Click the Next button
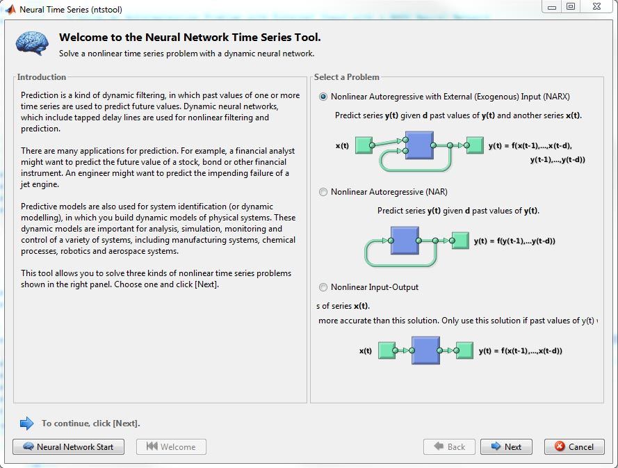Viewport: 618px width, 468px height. click(x=505, y=446)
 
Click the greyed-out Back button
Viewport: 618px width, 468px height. click(x=449, y=446)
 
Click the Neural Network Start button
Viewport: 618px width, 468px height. click(x=68, y=446)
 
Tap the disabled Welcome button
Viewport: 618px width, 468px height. click(x=171, y=446)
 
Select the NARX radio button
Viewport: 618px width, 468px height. click(x=323, y=97)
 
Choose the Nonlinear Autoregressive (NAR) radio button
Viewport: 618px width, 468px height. click(x=323, y=192)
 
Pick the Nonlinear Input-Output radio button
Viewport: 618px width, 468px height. click(x=323, y=287)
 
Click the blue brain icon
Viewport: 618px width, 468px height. click(x=32, y=43)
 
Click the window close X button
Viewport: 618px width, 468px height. click(x=596, y=7)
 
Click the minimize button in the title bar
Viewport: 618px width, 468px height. click(x=552, y=7)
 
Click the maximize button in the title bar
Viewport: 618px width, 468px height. click(x=571, y=7)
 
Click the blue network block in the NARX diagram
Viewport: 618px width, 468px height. click(x=419, y=145)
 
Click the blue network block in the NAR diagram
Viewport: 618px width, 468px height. click(x=405, y=241)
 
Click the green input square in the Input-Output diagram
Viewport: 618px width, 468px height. click(x=385, y=350)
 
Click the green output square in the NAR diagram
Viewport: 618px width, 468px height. click(x=460, y=241)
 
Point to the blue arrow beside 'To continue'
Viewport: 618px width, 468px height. click(x=26, y=423)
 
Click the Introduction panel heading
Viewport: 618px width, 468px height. click(x=42, y=77)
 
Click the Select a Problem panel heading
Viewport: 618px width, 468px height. click(x=347, y=77)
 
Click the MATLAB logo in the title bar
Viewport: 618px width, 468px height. click(x=10, y=9)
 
